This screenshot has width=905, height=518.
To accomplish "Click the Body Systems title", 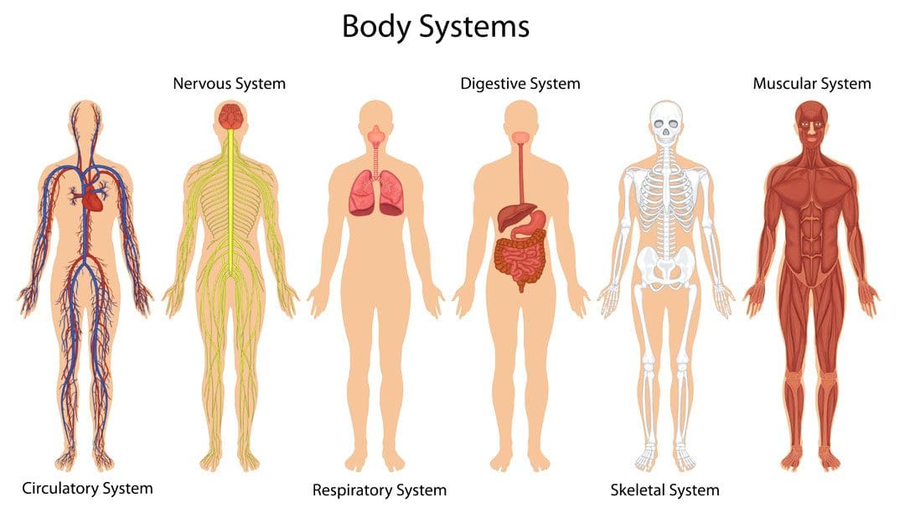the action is (436, 27).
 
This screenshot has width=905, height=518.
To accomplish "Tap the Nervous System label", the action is (229, 84).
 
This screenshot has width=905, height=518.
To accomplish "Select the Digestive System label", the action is (520, 84).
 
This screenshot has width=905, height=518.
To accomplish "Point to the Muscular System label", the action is (811, 84).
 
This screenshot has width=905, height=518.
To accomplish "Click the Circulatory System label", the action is (87, 489).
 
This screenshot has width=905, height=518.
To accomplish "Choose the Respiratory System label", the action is (380, 490).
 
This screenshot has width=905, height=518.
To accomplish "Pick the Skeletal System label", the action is (665, 490).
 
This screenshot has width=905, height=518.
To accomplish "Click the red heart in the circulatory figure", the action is (92, 199).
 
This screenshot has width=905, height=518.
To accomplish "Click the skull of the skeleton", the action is (666, 122).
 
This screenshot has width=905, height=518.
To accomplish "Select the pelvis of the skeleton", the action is (667, 267).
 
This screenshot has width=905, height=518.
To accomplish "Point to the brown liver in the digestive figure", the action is (511, 216).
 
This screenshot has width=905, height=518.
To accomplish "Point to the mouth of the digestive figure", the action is (521, 137).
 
